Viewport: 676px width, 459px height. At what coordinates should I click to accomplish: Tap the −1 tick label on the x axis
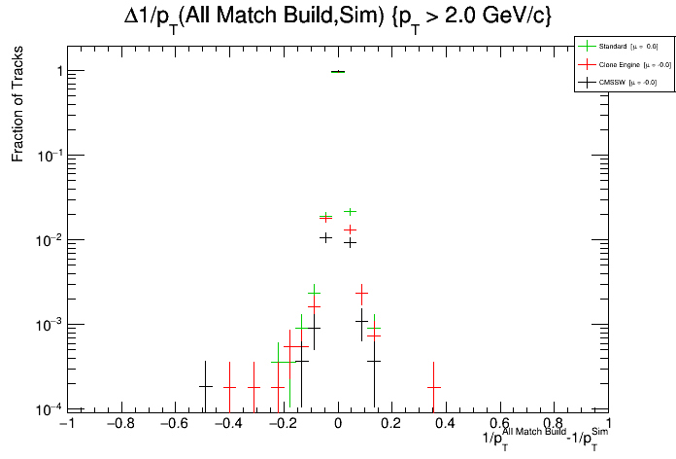[66, 424]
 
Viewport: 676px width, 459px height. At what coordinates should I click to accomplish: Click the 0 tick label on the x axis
[337, 424]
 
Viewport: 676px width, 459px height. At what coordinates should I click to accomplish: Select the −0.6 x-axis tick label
[173, 424]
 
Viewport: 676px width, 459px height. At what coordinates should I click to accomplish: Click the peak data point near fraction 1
[338, 72]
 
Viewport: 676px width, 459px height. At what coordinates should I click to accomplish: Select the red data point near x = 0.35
[434, 387]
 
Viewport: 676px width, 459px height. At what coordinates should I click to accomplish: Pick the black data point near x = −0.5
[205, 386]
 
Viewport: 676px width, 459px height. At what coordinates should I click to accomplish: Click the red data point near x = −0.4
[229, 387]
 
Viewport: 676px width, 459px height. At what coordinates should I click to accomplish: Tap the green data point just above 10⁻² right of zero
[350, 211]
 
